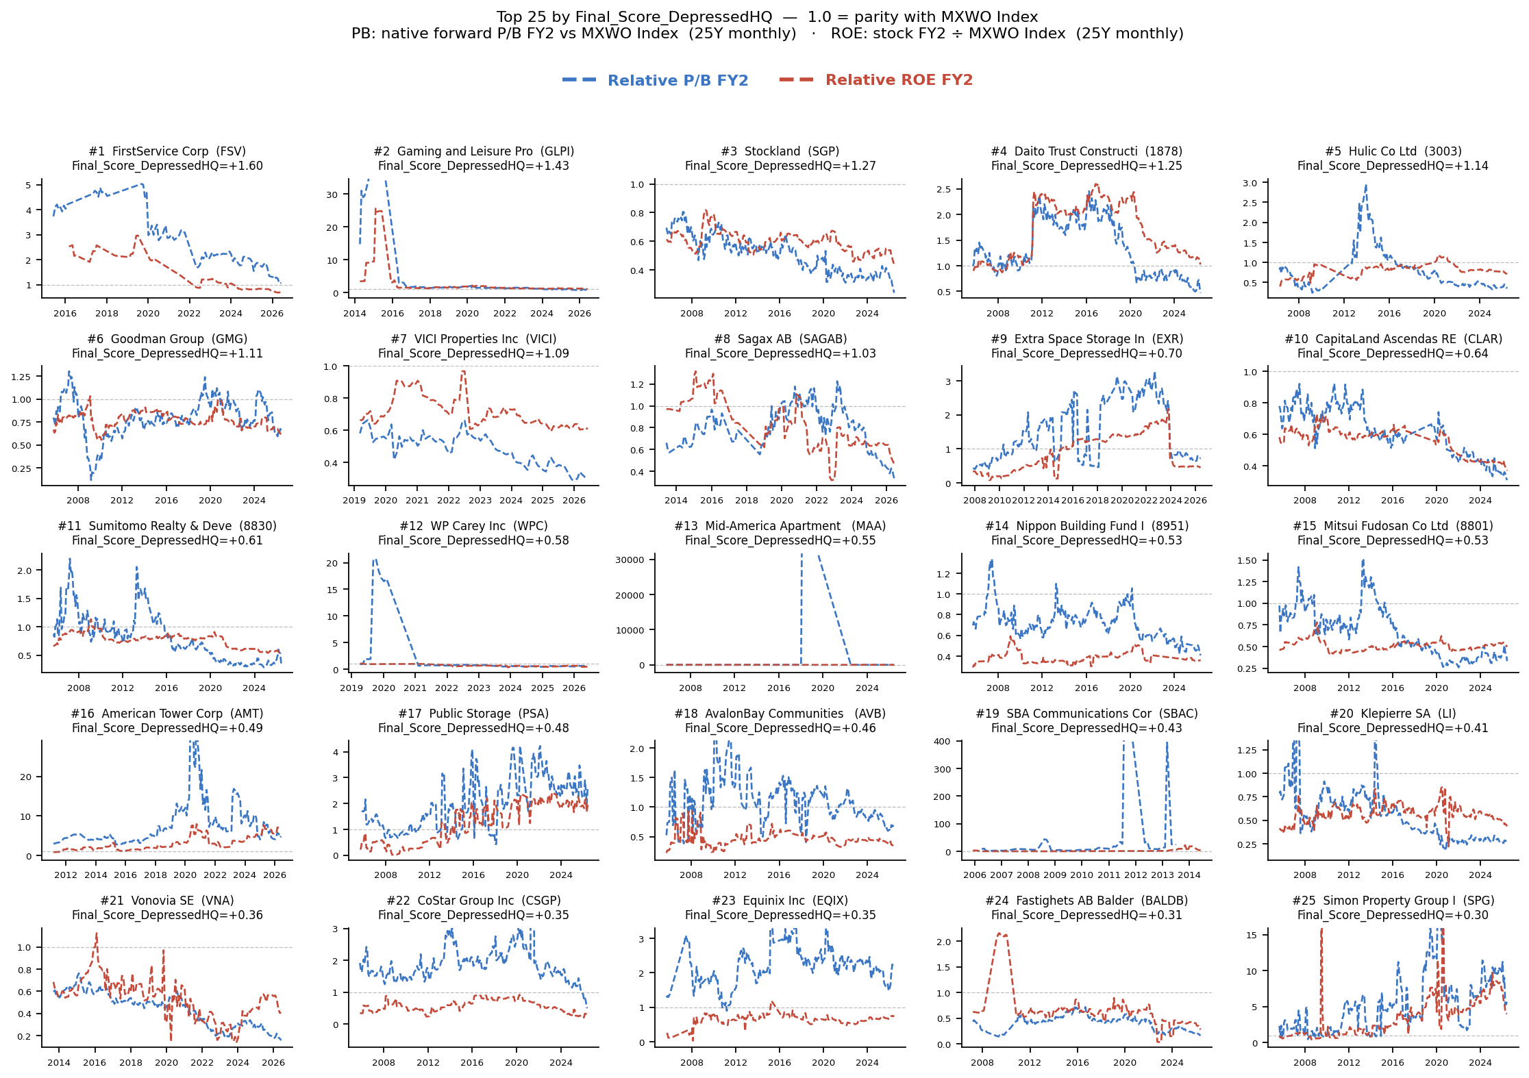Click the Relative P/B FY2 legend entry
click(x=655, y=80)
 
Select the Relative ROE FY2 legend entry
click(x=876, y=80)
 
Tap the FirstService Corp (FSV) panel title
click(x=167, y=151)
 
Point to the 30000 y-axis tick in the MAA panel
click(x=630, y=560)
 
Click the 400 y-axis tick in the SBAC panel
click(x=942, y=742)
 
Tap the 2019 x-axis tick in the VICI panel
click(x=354, y=501)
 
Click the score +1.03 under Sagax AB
click(x=854, y=353)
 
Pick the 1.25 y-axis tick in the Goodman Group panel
click(x=21, y=377)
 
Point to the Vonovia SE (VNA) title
click(x=167, y=901)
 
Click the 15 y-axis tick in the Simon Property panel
click(x=1252, y=936)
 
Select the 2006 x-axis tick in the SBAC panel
click(x=975, y=875)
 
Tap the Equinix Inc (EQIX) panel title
click(x=780, y=901)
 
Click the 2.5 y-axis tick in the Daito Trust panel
click(x=943, y=190)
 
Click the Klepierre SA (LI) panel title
click(x=1393, y=714)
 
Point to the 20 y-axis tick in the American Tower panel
click(x=26, y=777)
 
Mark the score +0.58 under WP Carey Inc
click(x=547, y=540)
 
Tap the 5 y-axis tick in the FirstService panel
click(x=28, y=186)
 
